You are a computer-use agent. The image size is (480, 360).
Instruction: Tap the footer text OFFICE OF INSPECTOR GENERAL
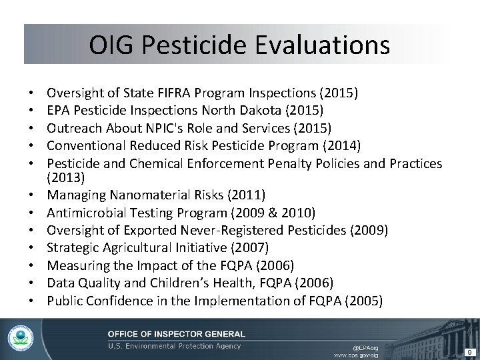(x=177, y=333)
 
